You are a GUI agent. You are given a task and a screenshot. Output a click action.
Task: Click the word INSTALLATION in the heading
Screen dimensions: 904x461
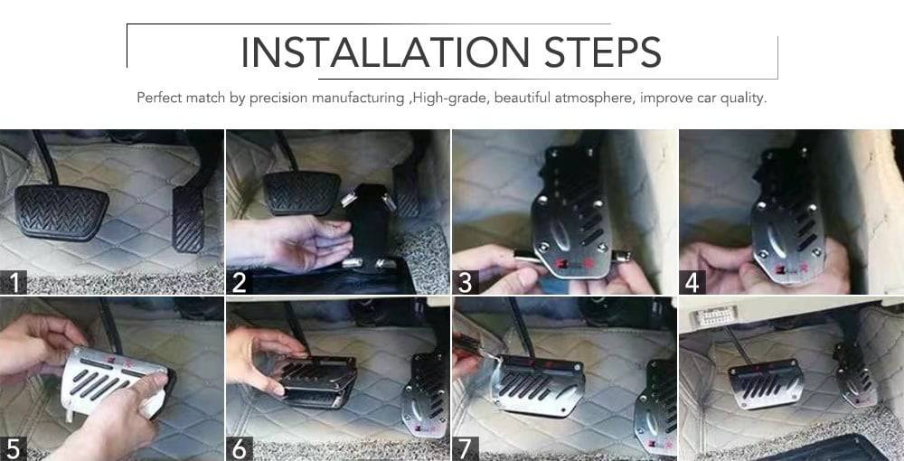(x=384, y=52)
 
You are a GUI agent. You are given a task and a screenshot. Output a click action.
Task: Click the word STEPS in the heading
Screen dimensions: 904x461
(x=602, y=52)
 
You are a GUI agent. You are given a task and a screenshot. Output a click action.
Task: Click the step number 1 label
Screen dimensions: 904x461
(x=14, y=282)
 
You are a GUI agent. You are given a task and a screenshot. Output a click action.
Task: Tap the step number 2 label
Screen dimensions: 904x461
(x=240, y=282)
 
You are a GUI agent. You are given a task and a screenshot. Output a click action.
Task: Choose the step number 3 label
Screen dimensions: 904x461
(x=465, y=282)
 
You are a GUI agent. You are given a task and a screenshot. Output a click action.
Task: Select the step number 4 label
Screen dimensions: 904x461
(x=692, y=282)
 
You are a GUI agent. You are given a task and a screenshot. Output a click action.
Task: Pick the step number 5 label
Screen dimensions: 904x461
(x=14, y=449)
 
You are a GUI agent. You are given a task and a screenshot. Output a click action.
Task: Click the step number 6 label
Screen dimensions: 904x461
(x=240, y=449)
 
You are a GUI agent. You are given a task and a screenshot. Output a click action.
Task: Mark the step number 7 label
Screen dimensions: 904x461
(x=465, y=449)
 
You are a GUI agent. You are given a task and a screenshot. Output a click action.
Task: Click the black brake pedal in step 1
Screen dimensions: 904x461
(x=61, y=212)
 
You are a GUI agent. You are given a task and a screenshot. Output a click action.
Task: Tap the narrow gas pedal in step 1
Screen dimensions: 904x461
(x=189, y=219)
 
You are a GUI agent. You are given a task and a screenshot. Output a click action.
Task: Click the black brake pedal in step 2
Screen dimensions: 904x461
(x=302, y=193)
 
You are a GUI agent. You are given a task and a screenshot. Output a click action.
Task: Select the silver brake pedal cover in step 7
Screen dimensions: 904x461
(x=537, y=384)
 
